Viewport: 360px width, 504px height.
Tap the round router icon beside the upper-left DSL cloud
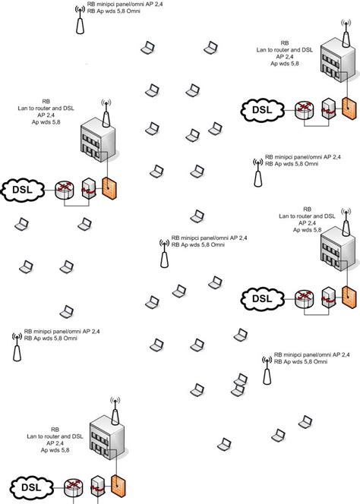63,189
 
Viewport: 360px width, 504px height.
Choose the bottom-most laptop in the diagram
224,443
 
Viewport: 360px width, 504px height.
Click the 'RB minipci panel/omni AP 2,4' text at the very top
125,5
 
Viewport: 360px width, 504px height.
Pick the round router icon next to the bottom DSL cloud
74,489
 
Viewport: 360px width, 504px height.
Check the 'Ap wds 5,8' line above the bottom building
57,451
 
